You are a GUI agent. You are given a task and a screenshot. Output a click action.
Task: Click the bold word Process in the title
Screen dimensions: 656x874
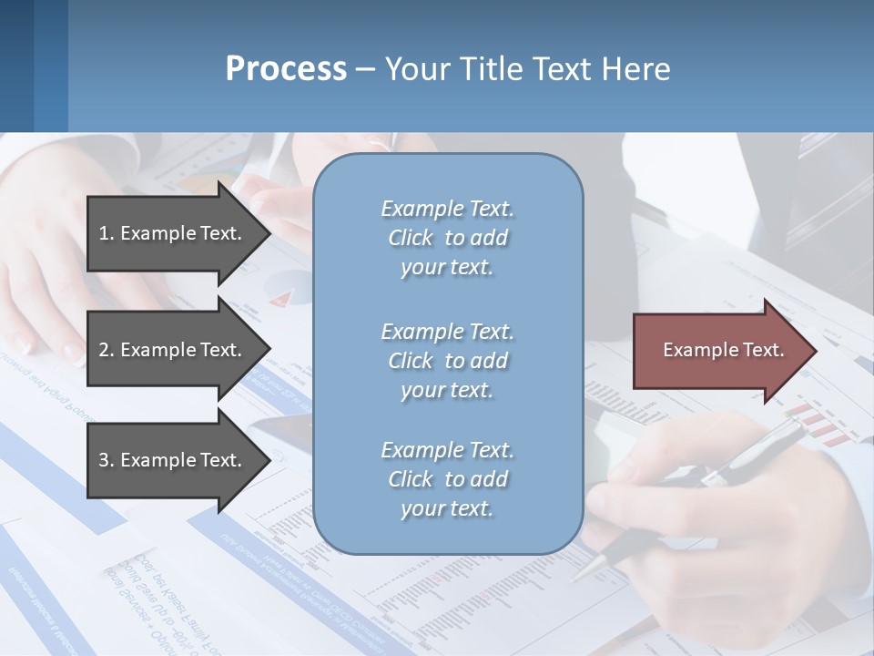pos(286,69)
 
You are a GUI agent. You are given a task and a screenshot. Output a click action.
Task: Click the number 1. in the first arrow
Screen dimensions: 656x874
pos(107,233)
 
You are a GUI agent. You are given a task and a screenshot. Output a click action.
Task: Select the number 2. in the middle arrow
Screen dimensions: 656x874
pos(107,350)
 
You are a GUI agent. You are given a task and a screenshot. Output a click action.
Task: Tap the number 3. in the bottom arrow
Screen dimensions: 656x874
pos(107,460)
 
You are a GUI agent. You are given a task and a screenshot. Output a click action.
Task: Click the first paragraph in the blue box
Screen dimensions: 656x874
pos(447,238)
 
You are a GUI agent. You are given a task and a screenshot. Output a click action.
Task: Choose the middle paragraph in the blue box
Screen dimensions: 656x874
pos(447,360)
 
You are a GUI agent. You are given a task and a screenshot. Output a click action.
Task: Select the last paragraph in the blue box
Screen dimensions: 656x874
pos(447,479)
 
